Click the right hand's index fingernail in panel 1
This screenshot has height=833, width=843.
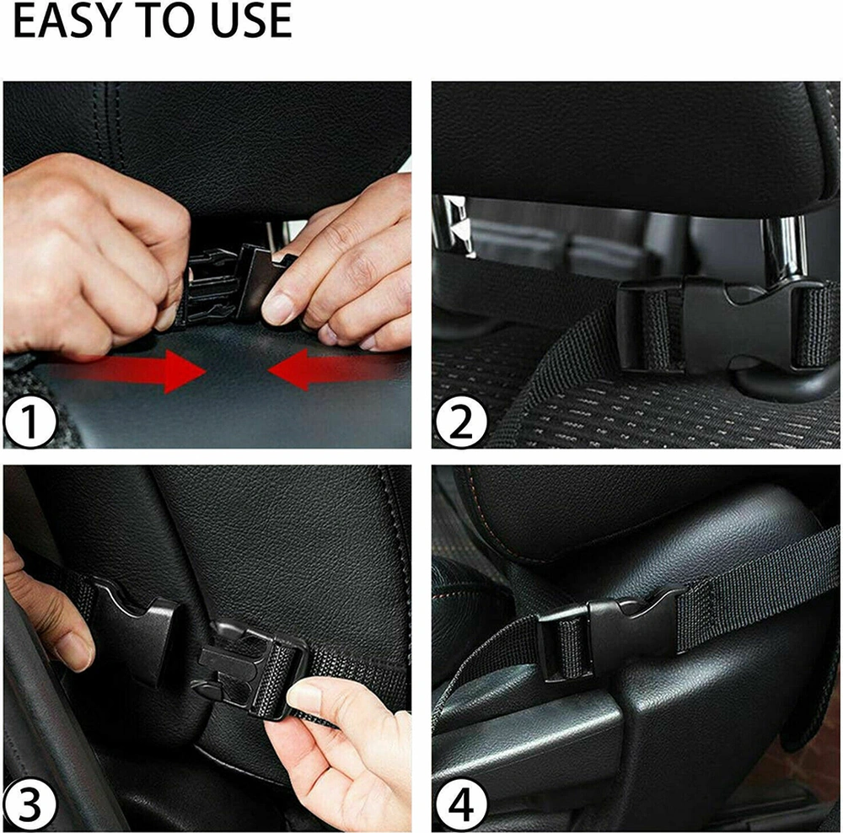280,309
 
